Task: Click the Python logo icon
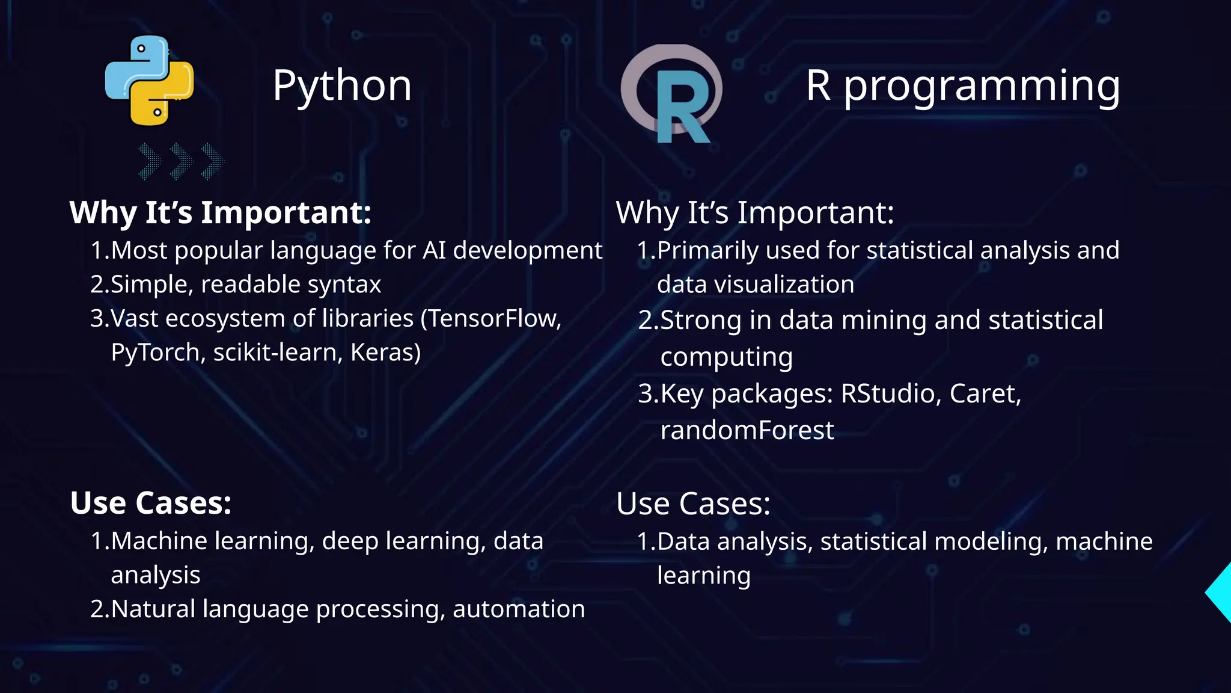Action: (x=149, y=81)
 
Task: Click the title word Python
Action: (x=342, y=85)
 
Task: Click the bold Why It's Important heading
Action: (x=221, y=212)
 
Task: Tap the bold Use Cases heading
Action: (x=151, y=503)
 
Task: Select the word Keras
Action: (x=385, y=353)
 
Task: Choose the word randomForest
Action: (x=747, y=431)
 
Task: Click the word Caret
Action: (x=985, y=393)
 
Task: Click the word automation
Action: (x=518, y=609)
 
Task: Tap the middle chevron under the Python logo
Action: (x=181, y=161)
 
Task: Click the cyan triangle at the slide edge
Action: (x=1220, y=593)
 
